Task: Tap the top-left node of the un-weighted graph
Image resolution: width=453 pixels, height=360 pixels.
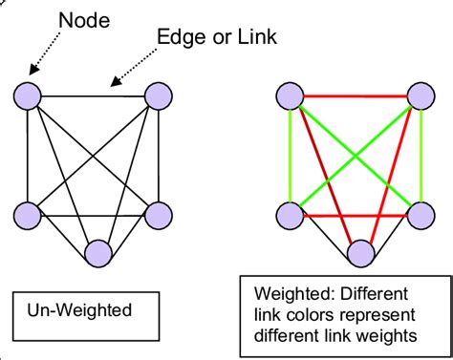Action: click(x=29, y=95)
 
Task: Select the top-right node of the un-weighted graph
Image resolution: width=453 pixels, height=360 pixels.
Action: click(x=157, y=95)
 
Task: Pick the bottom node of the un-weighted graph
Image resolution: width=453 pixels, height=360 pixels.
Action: click(x=98, y=253)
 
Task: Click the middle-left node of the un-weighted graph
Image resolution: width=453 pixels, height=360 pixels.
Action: click(x=29, y=215)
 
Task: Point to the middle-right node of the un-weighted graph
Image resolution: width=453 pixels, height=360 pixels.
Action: click(x=157, y=215)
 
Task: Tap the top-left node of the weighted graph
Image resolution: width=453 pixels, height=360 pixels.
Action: click(x=290, y=95)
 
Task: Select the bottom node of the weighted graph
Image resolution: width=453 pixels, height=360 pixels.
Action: click(x=360, y=253)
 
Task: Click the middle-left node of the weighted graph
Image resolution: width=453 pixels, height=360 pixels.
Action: click(x=290, y=215)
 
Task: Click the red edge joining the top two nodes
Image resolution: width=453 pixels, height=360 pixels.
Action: click(x=354, y=95)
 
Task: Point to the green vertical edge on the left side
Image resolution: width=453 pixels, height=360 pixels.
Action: click(x=290, y=155)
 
